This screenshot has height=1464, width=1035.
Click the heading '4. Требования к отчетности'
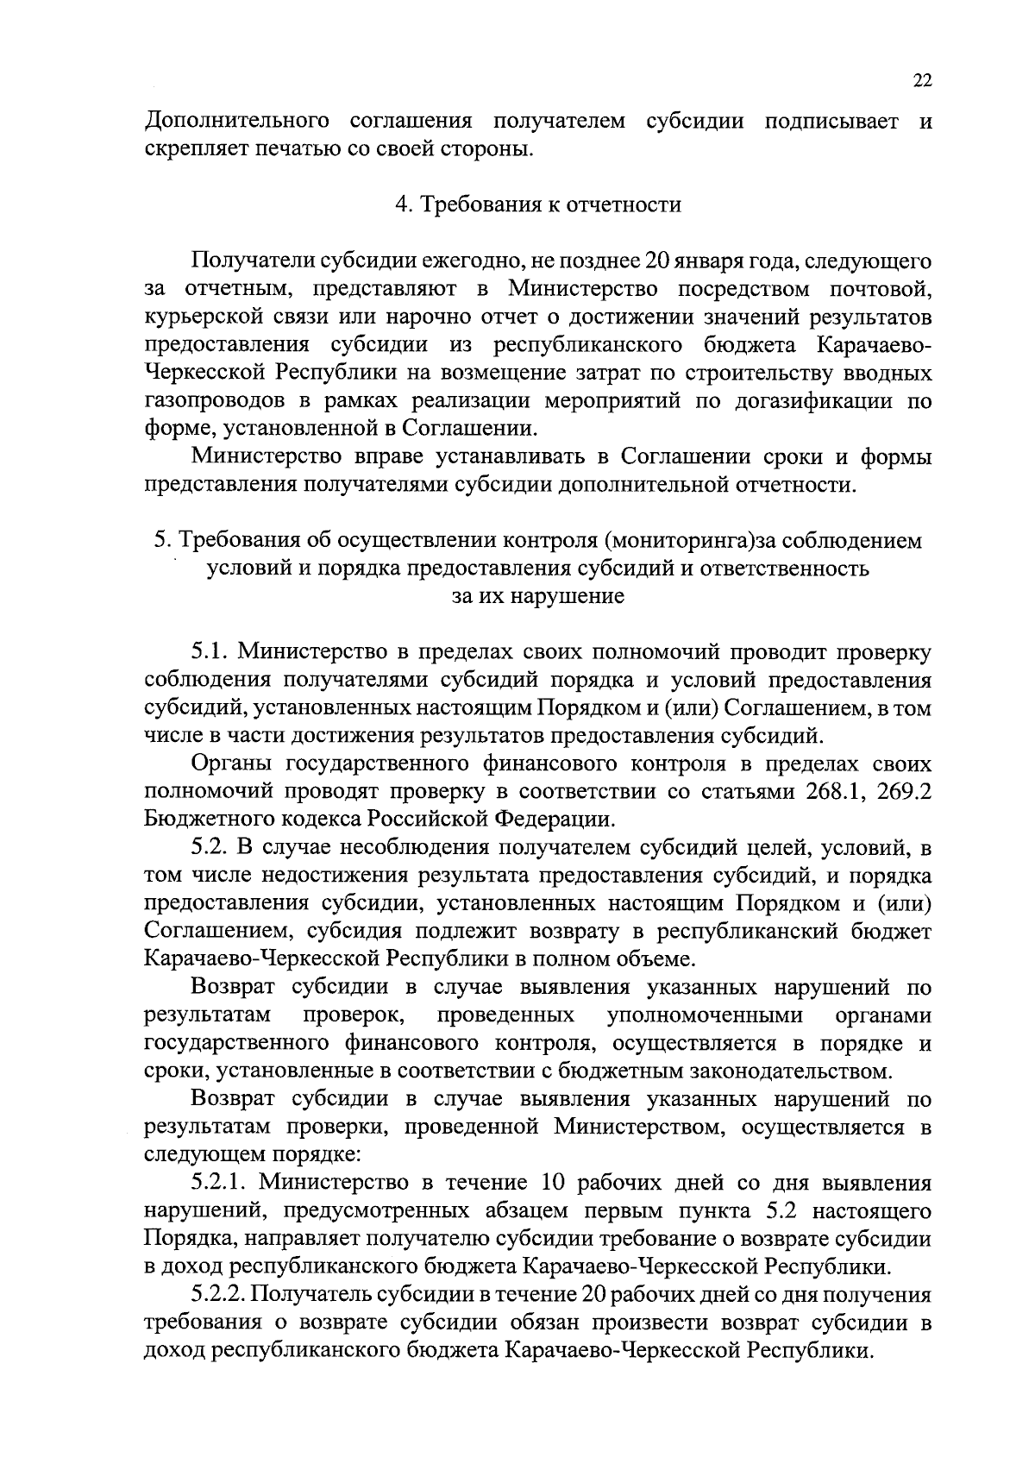[537, 204]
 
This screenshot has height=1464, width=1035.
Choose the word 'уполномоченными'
[705, 1015]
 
